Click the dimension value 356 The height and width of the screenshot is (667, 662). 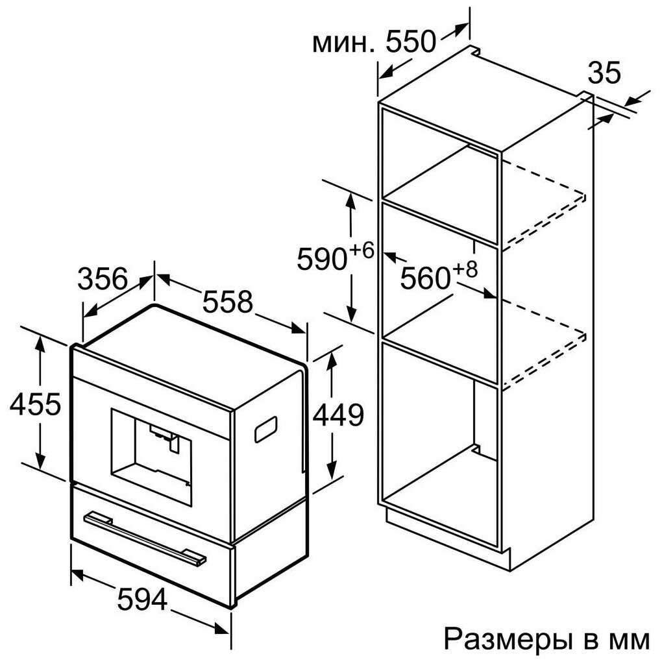[102, 279]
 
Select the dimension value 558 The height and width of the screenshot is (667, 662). [227, 302]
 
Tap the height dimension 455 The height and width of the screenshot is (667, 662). [35, 404]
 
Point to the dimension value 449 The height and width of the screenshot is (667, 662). [338, 415]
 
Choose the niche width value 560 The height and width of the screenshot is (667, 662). [425, 278]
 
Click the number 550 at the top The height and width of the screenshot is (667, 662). [410, 43]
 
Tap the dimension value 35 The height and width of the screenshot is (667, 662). [604, 73]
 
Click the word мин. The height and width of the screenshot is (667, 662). [343, 43]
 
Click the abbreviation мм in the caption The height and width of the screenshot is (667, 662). [627, 640]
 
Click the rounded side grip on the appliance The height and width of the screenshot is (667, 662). [266, 429]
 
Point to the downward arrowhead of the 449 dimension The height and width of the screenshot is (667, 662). [331, 470]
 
